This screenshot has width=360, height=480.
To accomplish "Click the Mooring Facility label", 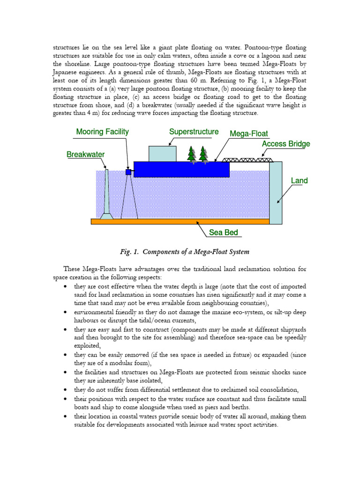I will (102, 132).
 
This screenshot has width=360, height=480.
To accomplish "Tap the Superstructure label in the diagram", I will (194, 132).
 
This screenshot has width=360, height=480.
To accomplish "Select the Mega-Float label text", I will (249, 134).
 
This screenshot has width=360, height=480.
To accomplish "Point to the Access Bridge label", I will (286, 144).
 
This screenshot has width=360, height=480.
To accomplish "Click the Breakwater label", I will (85, 154).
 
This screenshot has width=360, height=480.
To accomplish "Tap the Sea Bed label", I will (223, 232).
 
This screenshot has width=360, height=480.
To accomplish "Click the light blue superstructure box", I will (162, 154).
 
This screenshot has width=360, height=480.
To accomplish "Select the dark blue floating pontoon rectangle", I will (181, 169).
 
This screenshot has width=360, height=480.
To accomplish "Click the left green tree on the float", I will (191, 155).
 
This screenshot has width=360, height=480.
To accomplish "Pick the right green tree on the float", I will (203, 155).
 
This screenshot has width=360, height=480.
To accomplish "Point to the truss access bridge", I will (247, 160).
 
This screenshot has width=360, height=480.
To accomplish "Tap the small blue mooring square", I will (128, 172).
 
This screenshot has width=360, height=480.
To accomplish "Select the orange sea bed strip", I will (180, 221).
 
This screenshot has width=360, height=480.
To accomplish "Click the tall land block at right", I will (276, 192).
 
